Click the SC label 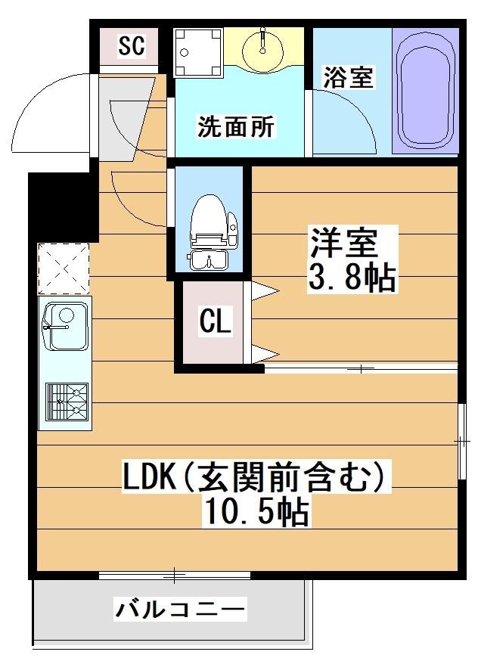coord(131,47)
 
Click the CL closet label coord(215,323)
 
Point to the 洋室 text coord(343,244)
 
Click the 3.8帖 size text coord(351,278)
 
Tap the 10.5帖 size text coord(255,513)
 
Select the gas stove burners coord(67,402)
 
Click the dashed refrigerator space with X coord(64,268)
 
